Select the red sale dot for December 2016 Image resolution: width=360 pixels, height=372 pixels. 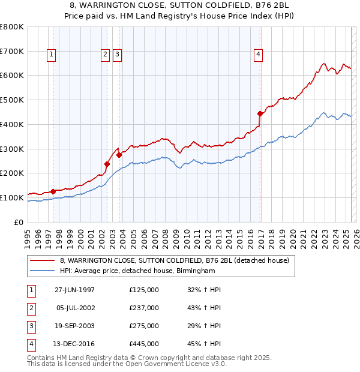point(260,113)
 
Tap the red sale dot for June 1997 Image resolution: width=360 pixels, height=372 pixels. point(53,191)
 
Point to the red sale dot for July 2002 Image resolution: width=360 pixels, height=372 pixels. point(107,164)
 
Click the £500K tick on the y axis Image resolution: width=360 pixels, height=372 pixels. point(13,100)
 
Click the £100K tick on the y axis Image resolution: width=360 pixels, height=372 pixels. point(13,197)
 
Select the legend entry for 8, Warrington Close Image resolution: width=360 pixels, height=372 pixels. point(175,260)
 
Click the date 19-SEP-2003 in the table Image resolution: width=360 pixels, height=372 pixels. point(74,326)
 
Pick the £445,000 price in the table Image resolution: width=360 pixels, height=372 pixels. point(144,344)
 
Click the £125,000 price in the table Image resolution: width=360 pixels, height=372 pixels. point(144,290)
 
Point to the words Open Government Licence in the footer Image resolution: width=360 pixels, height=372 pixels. point(178,364)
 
